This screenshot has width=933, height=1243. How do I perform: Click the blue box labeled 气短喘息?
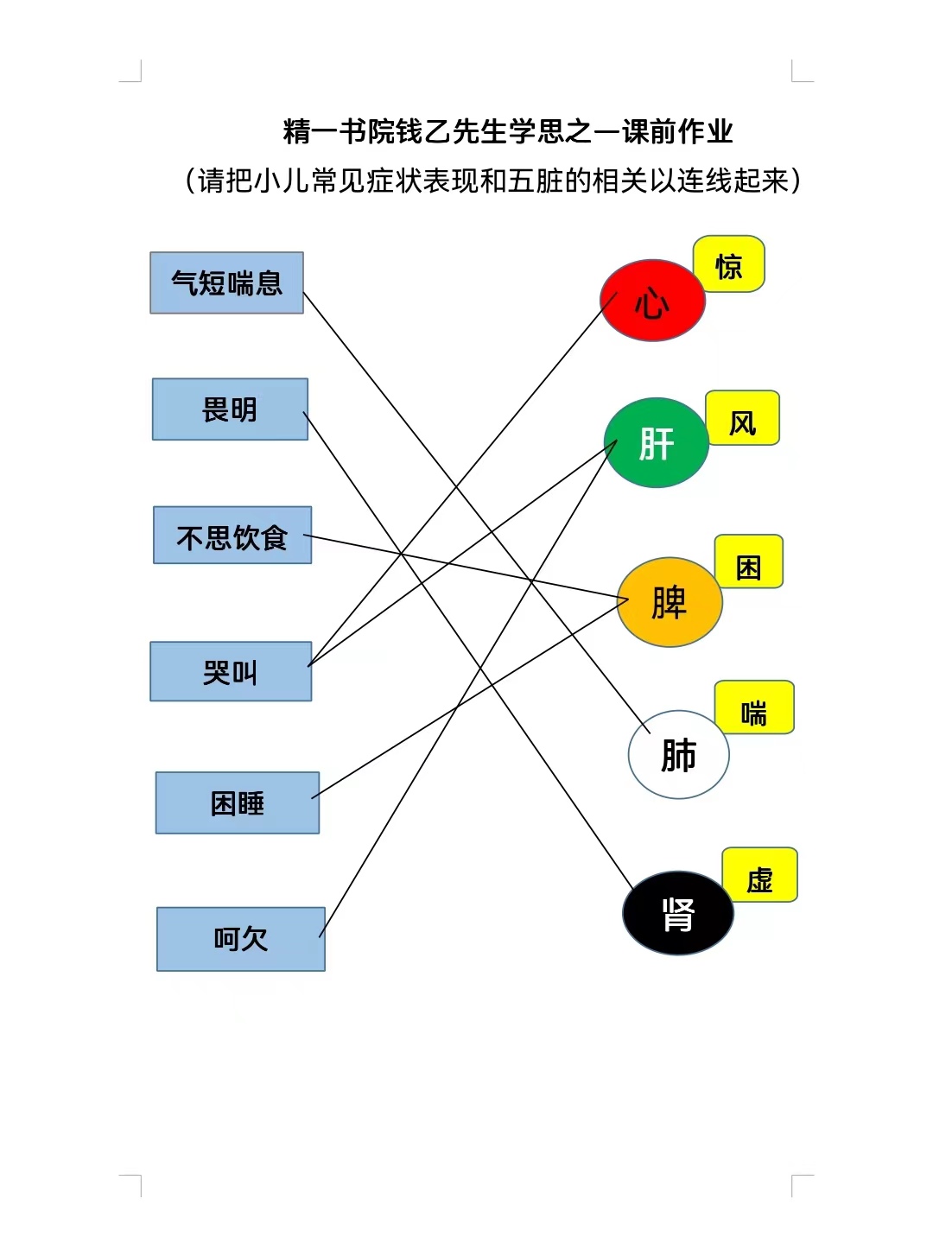click(226, 282)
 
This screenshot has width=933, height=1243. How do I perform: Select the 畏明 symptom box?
click(230, 409)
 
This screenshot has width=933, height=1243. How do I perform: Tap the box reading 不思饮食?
click(232, 536)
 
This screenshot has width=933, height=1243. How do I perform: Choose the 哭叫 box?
click(231, 671)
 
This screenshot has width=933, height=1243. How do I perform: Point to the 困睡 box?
click(238, 802)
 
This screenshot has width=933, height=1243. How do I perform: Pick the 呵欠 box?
click(241, 939)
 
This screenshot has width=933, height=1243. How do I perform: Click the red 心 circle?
click(652, 300)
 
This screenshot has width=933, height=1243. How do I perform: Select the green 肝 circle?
click(657, 442)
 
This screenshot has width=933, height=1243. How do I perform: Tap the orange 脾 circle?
click(670, 602)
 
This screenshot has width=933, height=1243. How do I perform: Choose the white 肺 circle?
click(678, 754)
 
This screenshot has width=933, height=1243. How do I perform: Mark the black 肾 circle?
click(677, 913)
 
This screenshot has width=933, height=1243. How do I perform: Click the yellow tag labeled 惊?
click(729, 264)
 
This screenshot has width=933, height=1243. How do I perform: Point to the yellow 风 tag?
click(742, 417)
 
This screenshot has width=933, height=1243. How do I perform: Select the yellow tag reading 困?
click(748, 561)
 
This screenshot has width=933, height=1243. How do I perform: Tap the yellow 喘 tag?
click(754, 707)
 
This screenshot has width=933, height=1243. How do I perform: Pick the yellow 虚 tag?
click(759, 875)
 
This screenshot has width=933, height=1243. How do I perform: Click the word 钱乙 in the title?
click(423, 131)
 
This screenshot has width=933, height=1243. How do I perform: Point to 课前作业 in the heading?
click(677, 131)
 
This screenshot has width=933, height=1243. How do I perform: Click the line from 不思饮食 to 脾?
click(466, 567)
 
